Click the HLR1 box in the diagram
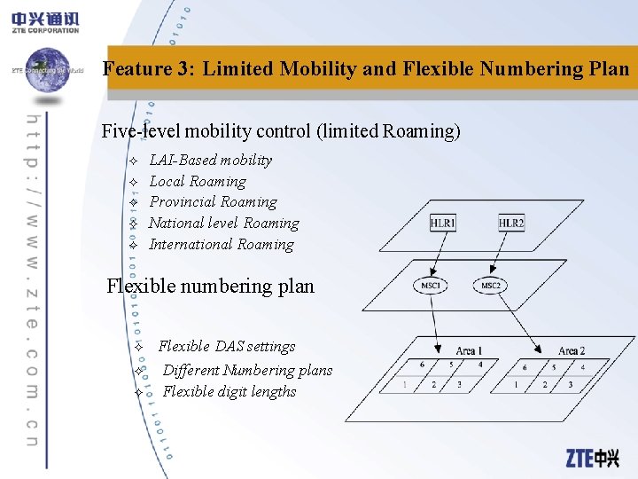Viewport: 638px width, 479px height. (443, 223)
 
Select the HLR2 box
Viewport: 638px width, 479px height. (511, 223)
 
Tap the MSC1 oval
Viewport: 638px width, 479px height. (430, 286)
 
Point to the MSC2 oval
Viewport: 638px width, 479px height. (490, 286)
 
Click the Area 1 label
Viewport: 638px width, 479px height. (469, 351)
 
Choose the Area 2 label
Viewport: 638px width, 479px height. (571, 351)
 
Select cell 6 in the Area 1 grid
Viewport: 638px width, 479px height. (422, 365)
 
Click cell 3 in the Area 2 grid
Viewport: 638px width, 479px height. (570, 385)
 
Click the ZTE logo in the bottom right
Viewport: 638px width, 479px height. (593, 458)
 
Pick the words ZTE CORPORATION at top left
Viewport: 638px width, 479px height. (44, 30)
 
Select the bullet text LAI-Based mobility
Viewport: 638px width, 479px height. (211, 160)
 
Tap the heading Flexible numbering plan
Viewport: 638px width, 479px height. (210, 287)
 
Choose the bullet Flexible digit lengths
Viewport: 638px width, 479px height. (230, 392)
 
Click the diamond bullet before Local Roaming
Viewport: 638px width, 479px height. (133, 182)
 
